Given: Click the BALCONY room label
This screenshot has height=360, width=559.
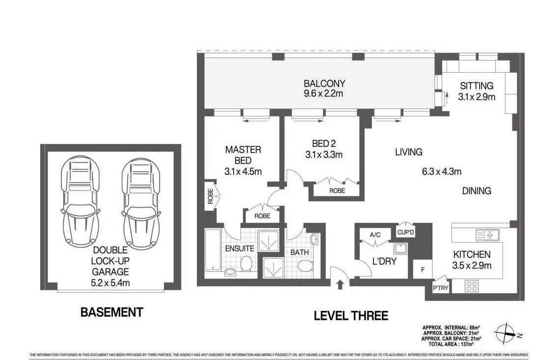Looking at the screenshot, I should (324, 83).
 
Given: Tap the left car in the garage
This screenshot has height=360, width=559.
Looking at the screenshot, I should (80, 201).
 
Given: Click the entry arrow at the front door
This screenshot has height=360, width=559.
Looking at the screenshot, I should (339, 283).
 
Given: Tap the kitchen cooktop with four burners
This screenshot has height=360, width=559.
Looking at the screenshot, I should (471, 285).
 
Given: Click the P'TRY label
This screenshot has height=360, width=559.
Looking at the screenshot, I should (440, 288).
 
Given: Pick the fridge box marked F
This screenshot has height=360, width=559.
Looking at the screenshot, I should (422, 270).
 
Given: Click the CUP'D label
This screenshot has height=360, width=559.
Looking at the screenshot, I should (406, 230).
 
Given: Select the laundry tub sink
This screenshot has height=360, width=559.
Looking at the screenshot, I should (400, 249).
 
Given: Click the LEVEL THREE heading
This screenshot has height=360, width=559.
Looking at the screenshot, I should (351, 316).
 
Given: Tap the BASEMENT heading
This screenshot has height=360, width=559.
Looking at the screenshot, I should (111, 312).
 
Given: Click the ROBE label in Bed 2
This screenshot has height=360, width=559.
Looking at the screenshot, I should (337, 191).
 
